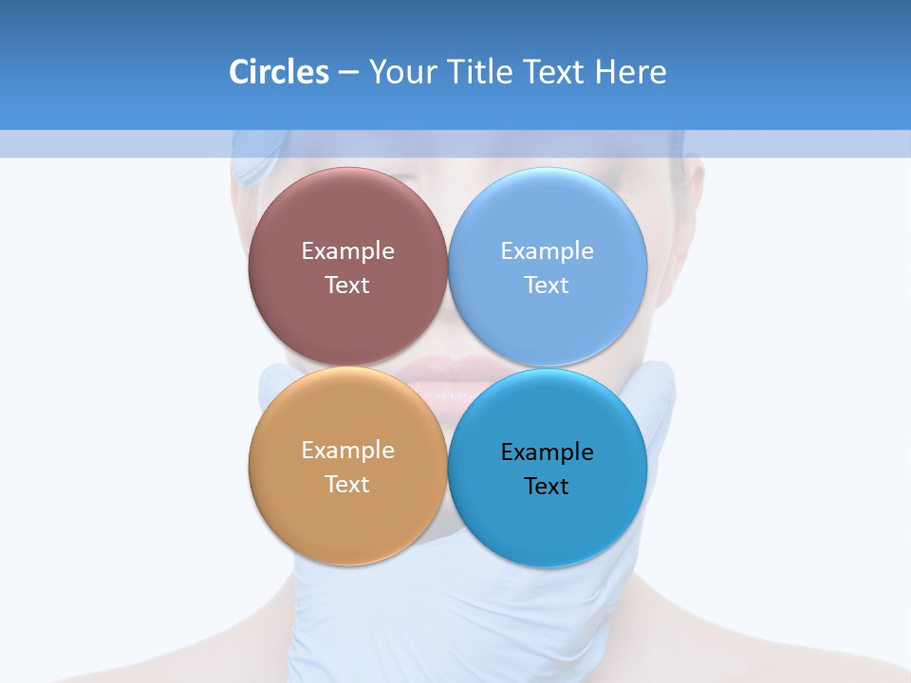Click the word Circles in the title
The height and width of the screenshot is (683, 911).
tap(279, 72)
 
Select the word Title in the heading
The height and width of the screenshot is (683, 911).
tap(482, 72)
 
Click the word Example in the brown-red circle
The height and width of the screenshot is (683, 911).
tap(347, 251)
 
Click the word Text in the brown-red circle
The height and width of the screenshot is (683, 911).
tap(347, 286)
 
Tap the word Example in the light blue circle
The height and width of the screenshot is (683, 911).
tap(548, 251)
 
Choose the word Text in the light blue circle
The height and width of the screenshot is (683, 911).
tap(548, 286)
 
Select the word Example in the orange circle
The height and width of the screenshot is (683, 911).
tap(347, 451)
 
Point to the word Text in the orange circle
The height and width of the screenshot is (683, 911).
tap(347, 485)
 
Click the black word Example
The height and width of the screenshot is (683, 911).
tap(548, 452)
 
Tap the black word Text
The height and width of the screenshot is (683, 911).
tap(548, 487)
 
